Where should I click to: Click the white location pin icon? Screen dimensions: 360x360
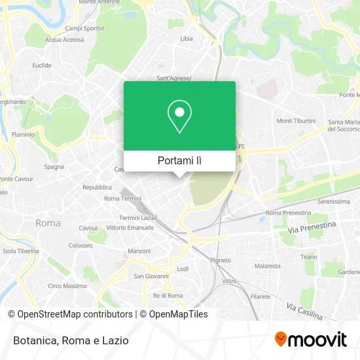click(179, 116)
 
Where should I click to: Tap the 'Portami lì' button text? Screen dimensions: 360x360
click(179, 160)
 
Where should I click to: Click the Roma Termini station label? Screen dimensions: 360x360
click(122, 198)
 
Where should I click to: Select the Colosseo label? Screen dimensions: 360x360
click(81, 245)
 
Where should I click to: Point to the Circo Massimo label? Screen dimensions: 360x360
click(67, 286)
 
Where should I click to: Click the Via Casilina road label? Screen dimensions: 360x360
click(304, 311)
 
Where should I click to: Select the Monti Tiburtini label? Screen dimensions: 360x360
click(296, 121)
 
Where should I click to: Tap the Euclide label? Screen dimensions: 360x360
click(42, 65)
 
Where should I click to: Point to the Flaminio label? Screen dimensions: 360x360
click(24, 135)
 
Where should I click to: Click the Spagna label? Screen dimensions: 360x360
click(54, 166)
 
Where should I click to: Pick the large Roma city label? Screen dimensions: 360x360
click(48, 223)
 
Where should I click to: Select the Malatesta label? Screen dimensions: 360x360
click(268, 266)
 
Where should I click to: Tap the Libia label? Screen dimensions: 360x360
click(187, 39)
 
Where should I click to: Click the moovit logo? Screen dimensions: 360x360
click(310, 340)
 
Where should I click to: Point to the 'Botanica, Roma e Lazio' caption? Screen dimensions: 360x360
click(69, 340)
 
